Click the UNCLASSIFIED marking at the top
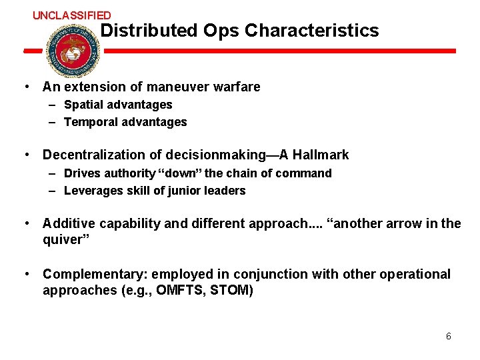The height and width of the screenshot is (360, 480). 72,15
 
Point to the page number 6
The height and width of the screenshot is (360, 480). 449,336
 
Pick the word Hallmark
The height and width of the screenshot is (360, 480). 321,155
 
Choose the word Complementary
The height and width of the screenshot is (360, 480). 89,274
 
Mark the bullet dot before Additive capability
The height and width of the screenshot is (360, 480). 25,223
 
